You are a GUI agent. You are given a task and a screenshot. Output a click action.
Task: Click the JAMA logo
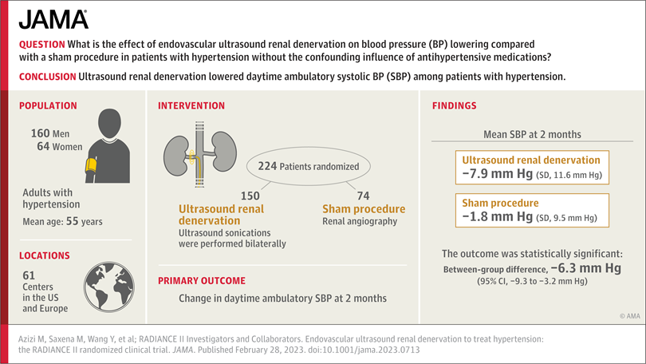[53, 19]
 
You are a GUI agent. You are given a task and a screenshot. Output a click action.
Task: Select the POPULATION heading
[48, 105]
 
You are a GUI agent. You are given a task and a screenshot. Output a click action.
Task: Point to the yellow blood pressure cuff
[90, 167]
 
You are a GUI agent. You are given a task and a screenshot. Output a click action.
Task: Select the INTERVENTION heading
[191, 105]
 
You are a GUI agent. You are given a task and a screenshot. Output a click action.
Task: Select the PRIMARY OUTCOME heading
[201, 281]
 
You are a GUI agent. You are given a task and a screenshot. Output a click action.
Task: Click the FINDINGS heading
[455, 105]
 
